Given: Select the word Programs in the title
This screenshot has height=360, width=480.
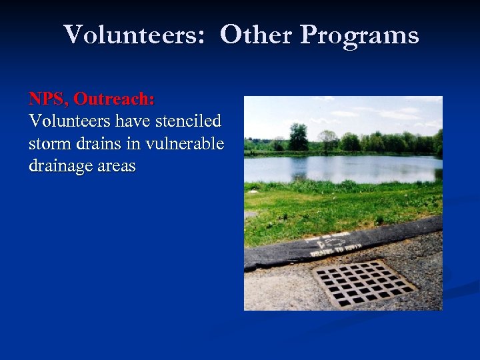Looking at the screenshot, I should pyautogui.click(x=359, y=35).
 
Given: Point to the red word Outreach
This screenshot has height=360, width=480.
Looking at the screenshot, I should pyautogui.click(x=114, y=99).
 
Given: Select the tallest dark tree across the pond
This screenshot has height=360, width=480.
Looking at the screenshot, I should pyautogui.click(x=298, y=137).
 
